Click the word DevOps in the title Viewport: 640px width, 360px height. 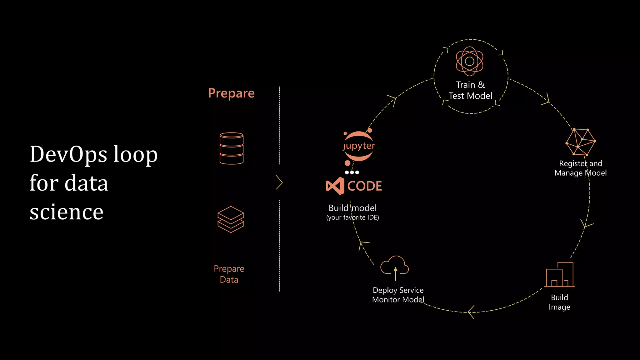point(68,154)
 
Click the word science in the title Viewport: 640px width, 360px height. point(66,212)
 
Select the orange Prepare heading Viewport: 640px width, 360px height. point(231,93)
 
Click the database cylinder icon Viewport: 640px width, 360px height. point(232,148)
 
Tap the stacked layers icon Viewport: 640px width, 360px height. point(231,219)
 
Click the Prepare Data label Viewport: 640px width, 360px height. point(229,274)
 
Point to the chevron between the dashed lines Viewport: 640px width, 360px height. point(279,182)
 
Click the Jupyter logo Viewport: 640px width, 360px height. point(358,146)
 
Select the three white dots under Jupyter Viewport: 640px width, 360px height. point(352,172)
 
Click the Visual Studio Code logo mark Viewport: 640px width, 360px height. point(335,186)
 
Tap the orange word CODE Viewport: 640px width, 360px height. point(364,186)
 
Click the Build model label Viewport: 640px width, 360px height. point(352,208)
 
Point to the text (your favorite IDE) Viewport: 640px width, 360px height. point(352,217)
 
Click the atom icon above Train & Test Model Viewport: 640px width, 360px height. point(469,61)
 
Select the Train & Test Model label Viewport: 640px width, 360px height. point(470,90)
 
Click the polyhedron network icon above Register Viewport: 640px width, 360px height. point(581,142)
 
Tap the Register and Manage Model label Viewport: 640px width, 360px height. point(580,168)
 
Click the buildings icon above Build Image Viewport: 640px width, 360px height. point(559,274)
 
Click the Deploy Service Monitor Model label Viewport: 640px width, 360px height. point(398,295)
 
